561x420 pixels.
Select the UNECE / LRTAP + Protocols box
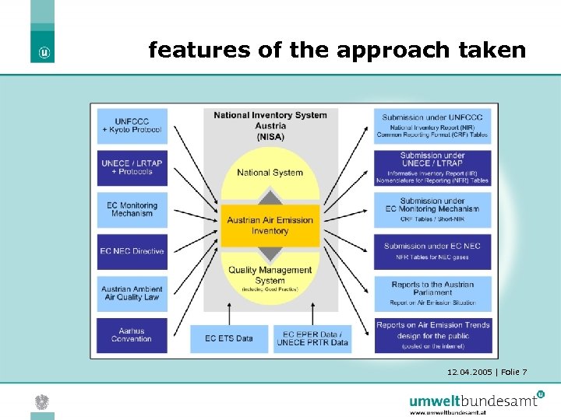click(132, 166)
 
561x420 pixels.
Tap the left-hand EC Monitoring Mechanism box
click(132, 209)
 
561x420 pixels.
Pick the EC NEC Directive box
click(132, 251)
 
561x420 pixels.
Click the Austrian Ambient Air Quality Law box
click(132, 293)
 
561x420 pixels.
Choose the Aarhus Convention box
click(132, 334)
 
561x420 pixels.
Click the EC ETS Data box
click(229, 338)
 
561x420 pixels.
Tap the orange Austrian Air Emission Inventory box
click(270, 226)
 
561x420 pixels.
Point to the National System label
click(270, 173)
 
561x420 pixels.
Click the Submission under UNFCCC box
click(432, 125)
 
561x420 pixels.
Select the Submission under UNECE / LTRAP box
click(432, 167)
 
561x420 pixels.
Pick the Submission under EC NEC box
click(432, 251)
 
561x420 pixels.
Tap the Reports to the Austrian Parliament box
click(432, 293)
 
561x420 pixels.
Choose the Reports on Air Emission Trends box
click(432, 334)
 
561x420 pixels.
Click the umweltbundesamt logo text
click(474, 401)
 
